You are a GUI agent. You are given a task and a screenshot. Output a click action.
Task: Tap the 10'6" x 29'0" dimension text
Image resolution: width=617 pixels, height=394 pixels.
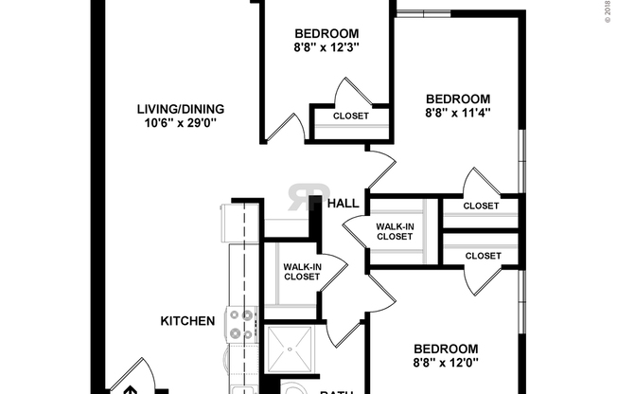pos(177,123)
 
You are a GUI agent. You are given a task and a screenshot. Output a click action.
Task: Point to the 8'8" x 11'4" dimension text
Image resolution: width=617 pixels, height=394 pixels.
pos(458,114)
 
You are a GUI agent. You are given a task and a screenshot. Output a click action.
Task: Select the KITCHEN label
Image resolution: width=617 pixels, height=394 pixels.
pos(186,321)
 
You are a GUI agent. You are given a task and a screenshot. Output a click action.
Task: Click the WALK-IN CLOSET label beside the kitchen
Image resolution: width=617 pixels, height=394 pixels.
pos(301,272)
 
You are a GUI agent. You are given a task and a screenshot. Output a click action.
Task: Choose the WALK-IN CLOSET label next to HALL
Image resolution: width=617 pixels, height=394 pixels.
pos(395,231)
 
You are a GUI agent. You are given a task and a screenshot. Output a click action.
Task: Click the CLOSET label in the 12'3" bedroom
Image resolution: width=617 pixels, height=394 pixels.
pos(351,116)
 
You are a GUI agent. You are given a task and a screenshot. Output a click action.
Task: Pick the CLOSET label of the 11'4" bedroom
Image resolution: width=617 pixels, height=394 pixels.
pos(482,206)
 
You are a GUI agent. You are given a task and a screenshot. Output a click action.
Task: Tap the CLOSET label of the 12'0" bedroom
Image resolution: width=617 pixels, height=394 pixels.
pos(482,255)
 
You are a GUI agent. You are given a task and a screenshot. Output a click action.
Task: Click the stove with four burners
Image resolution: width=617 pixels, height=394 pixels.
pos(240,325)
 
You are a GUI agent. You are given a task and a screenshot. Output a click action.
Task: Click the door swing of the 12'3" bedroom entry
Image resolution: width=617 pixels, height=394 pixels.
pos(282,129)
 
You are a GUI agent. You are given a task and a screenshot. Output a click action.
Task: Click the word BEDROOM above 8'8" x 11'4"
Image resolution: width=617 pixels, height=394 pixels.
pos(458,98)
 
